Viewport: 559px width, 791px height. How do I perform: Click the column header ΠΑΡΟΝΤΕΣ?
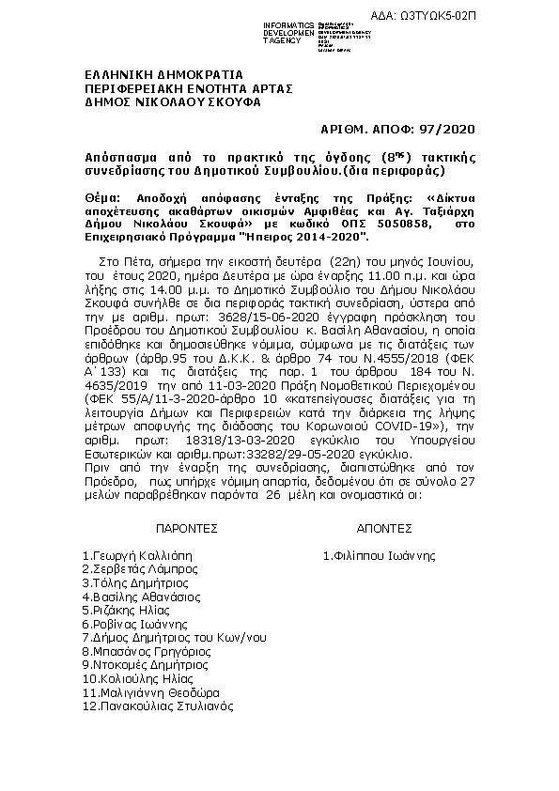click(x=187, y=529)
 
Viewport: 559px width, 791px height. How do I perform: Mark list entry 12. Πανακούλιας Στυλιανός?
click(x=157, y=706)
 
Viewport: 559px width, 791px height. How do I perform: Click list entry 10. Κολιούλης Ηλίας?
click(x=138, y=678)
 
